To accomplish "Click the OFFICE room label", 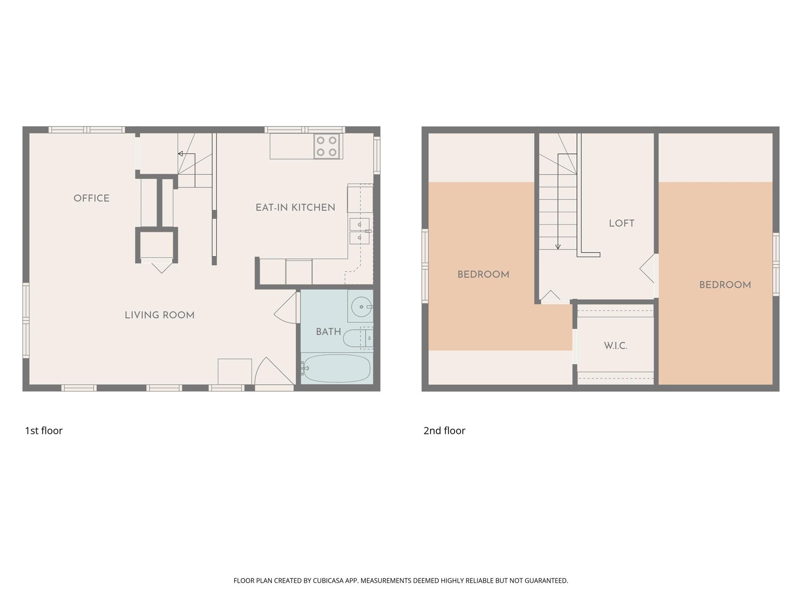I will (92, 198).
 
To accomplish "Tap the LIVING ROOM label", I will (159, 315).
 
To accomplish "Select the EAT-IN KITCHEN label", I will (295, 208).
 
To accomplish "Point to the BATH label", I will (328, 332).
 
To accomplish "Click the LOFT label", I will (621, 223).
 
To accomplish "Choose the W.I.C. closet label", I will (616, 346).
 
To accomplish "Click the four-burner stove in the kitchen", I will (327, 146).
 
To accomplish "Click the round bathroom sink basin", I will (361, 306).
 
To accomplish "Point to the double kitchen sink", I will (359, 231).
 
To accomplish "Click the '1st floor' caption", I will (44, 431).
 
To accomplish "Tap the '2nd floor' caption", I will (444, 431).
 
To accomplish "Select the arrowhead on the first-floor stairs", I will (180, 154).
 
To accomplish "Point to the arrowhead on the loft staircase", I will (558, 247).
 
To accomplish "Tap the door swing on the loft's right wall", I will (648, 269).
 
